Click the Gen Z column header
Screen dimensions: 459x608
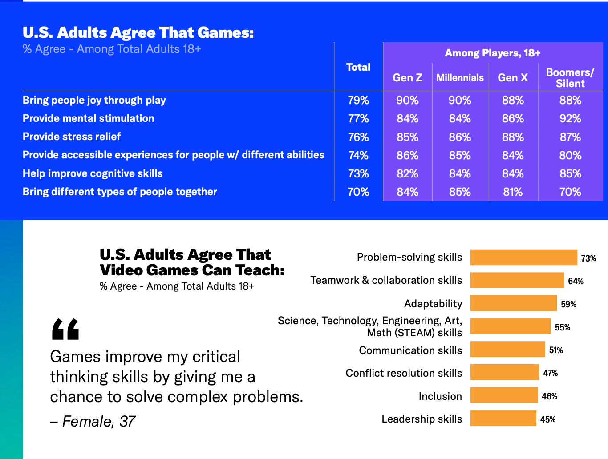(x=407, y=78)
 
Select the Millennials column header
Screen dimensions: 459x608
(x=460, y=78)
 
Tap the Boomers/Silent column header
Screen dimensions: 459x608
(x=570, y=78)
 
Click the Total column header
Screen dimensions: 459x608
(x=358, y=67)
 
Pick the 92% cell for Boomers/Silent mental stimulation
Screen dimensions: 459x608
(x=570, y=119)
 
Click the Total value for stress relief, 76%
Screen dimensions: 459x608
(x=358, y=137)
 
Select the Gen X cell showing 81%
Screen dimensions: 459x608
(x=513, y=192)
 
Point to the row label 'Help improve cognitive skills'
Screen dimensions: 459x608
(x=93, y=173)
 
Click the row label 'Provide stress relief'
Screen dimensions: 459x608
(x=72, y=137)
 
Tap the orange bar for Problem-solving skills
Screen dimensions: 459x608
(x=523, y=258)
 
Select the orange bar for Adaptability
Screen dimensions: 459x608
(x=513, y=303)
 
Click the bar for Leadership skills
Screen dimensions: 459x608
(x=503, y=419)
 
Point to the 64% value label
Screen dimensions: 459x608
(x=576, y=281)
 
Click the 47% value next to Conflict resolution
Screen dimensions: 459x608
(x=550, y=373)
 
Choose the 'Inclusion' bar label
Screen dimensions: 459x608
(x=440, y=396)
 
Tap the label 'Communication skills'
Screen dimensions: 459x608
(x=410, y=350)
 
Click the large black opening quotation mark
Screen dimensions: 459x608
(x=65, y=329)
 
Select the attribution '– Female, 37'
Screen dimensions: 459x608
(x=93, y=421)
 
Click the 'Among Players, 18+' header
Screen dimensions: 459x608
(x=492, y=53)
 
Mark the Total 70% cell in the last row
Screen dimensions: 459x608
(x=358, y=192)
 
